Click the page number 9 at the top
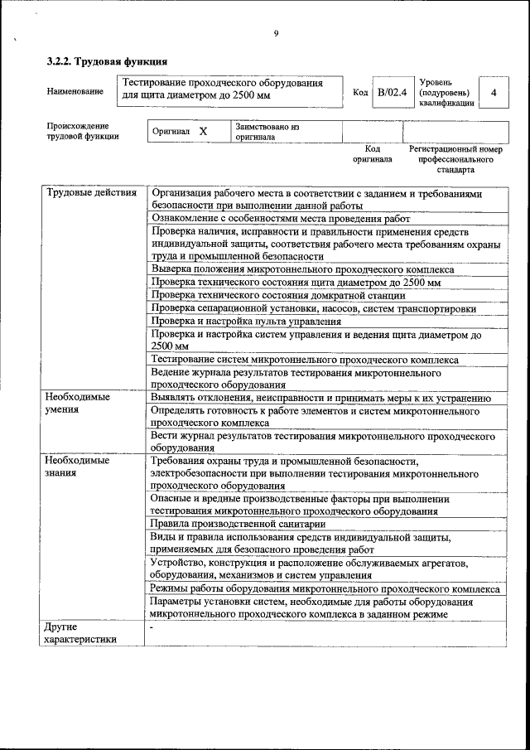pos(276,33)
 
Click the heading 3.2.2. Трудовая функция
pos(107,61)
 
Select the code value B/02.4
pos(392,92)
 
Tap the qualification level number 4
pos(494,92)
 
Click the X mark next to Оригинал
pos(203,132)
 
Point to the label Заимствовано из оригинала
pos(266,133)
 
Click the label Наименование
pos(75,92)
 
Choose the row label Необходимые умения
pos(77,404)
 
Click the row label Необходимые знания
pos(77,467)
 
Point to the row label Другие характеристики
pos(80,632)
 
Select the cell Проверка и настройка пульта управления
pos(246,322)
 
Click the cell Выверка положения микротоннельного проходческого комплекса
pos(302,269)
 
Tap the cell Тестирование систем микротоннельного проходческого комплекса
pos(304,360)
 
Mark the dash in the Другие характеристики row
pos(152,627)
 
